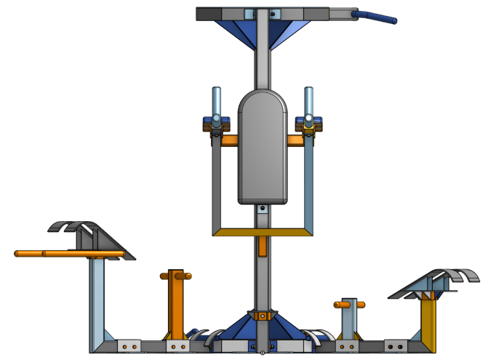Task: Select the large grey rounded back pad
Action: coord(263,145)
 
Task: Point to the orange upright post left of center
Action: coord(176,305)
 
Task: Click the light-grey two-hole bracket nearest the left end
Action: coord(129,345)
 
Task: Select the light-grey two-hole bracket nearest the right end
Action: coord(396,345)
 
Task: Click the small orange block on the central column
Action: coord(263,246)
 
